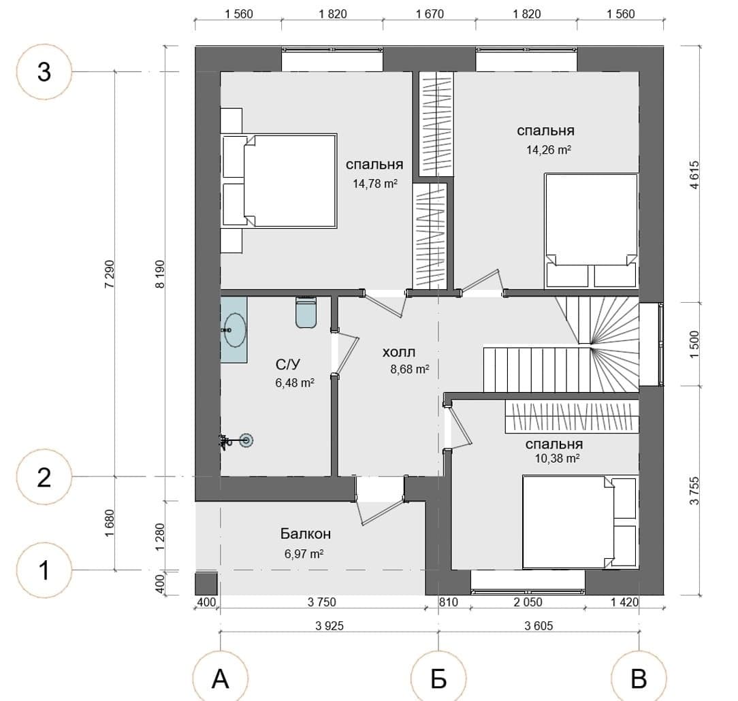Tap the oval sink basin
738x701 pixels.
coord(235,330)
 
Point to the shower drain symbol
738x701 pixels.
coord(246,441)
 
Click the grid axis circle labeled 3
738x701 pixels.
coord(44,72)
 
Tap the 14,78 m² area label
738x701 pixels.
coord(375,184)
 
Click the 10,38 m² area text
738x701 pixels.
coord(557,458)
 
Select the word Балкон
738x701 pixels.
coord(306,534)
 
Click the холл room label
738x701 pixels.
coord(399,353)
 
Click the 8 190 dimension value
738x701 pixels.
coord(161,274)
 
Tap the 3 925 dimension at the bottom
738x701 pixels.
coord(330,625)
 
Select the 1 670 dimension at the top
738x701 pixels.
coord(430,14)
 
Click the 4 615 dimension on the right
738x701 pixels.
coord(694,175)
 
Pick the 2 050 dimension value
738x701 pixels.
coord(528,602)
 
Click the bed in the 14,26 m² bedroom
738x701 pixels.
coord(591,231)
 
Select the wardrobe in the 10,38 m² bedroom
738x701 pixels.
coord(572,416)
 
